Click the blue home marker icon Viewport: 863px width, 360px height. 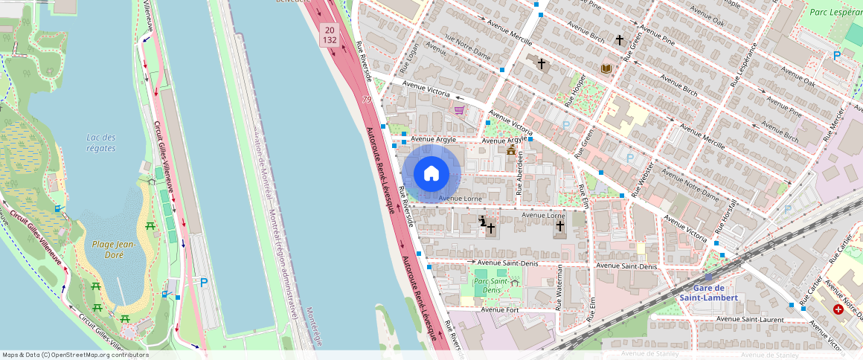[x=431, y=174]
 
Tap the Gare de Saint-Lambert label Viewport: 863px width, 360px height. [x=708, y=292]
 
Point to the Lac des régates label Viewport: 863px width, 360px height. [x=100, y=143]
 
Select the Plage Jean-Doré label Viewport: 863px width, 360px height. [x=113, y=249]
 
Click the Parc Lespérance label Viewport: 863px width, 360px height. [x=835, y=12]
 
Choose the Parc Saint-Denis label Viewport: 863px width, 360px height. [x=491, y=286]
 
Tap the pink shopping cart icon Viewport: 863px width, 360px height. [x=460, y=110]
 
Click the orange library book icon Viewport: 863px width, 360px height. [x=606, y=68]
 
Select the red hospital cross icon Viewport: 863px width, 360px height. [x=838, y=309]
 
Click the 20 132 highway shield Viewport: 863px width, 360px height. [x=330, y=34]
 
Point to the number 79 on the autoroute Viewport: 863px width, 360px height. [x=368, y=99]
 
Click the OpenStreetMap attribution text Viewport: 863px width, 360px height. [x=74, y=355]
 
